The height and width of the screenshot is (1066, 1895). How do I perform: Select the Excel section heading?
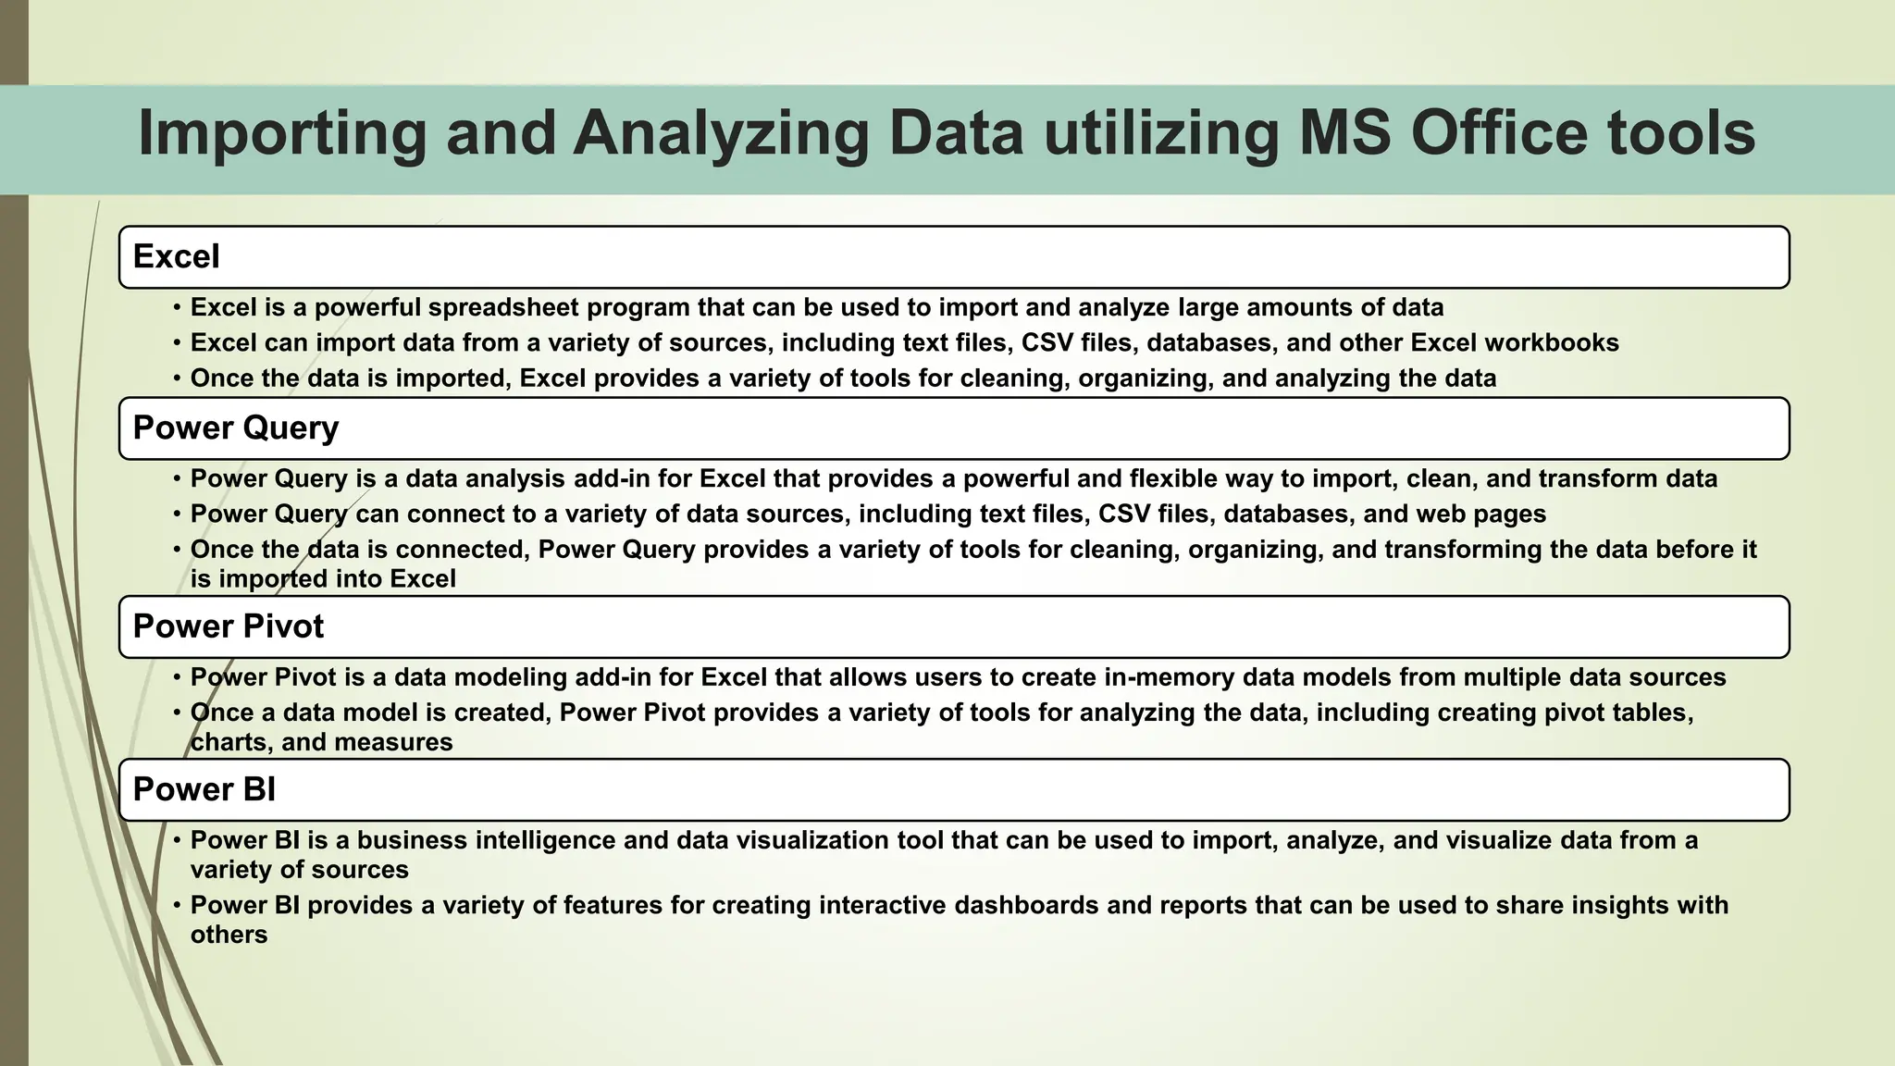click(177, 256)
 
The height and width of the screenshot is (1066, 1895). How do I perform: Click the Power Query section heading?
click(236, 428)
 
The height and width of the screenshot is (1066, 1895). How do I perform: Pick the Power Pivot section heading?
click(229, 626)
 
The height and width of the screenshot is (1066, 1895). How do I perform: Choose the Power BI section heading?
click(204, 789)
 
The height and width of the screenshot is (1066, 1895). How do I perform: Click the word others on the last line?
click(229, 935)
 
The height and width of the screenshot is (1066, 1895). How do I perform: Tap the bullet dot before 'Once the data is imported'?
click(177, 378)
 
